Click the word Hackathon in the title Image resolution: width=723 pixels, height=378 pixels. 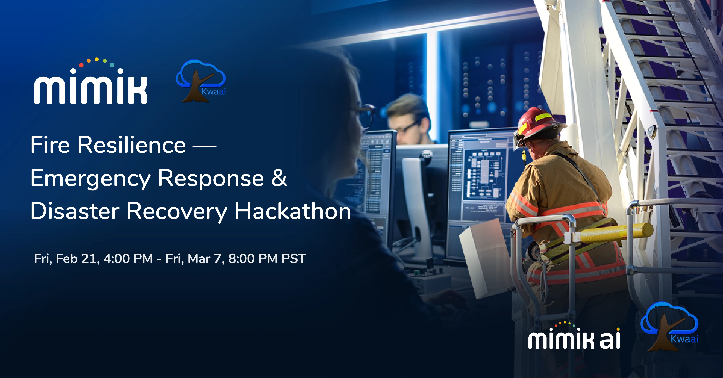293,211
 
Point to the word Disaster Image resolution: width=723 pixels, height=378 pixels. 75,211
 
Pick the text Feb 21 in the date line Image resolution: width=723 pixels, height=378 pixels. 78,259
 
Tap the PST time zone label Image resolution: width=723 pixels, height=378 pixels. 294,259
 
